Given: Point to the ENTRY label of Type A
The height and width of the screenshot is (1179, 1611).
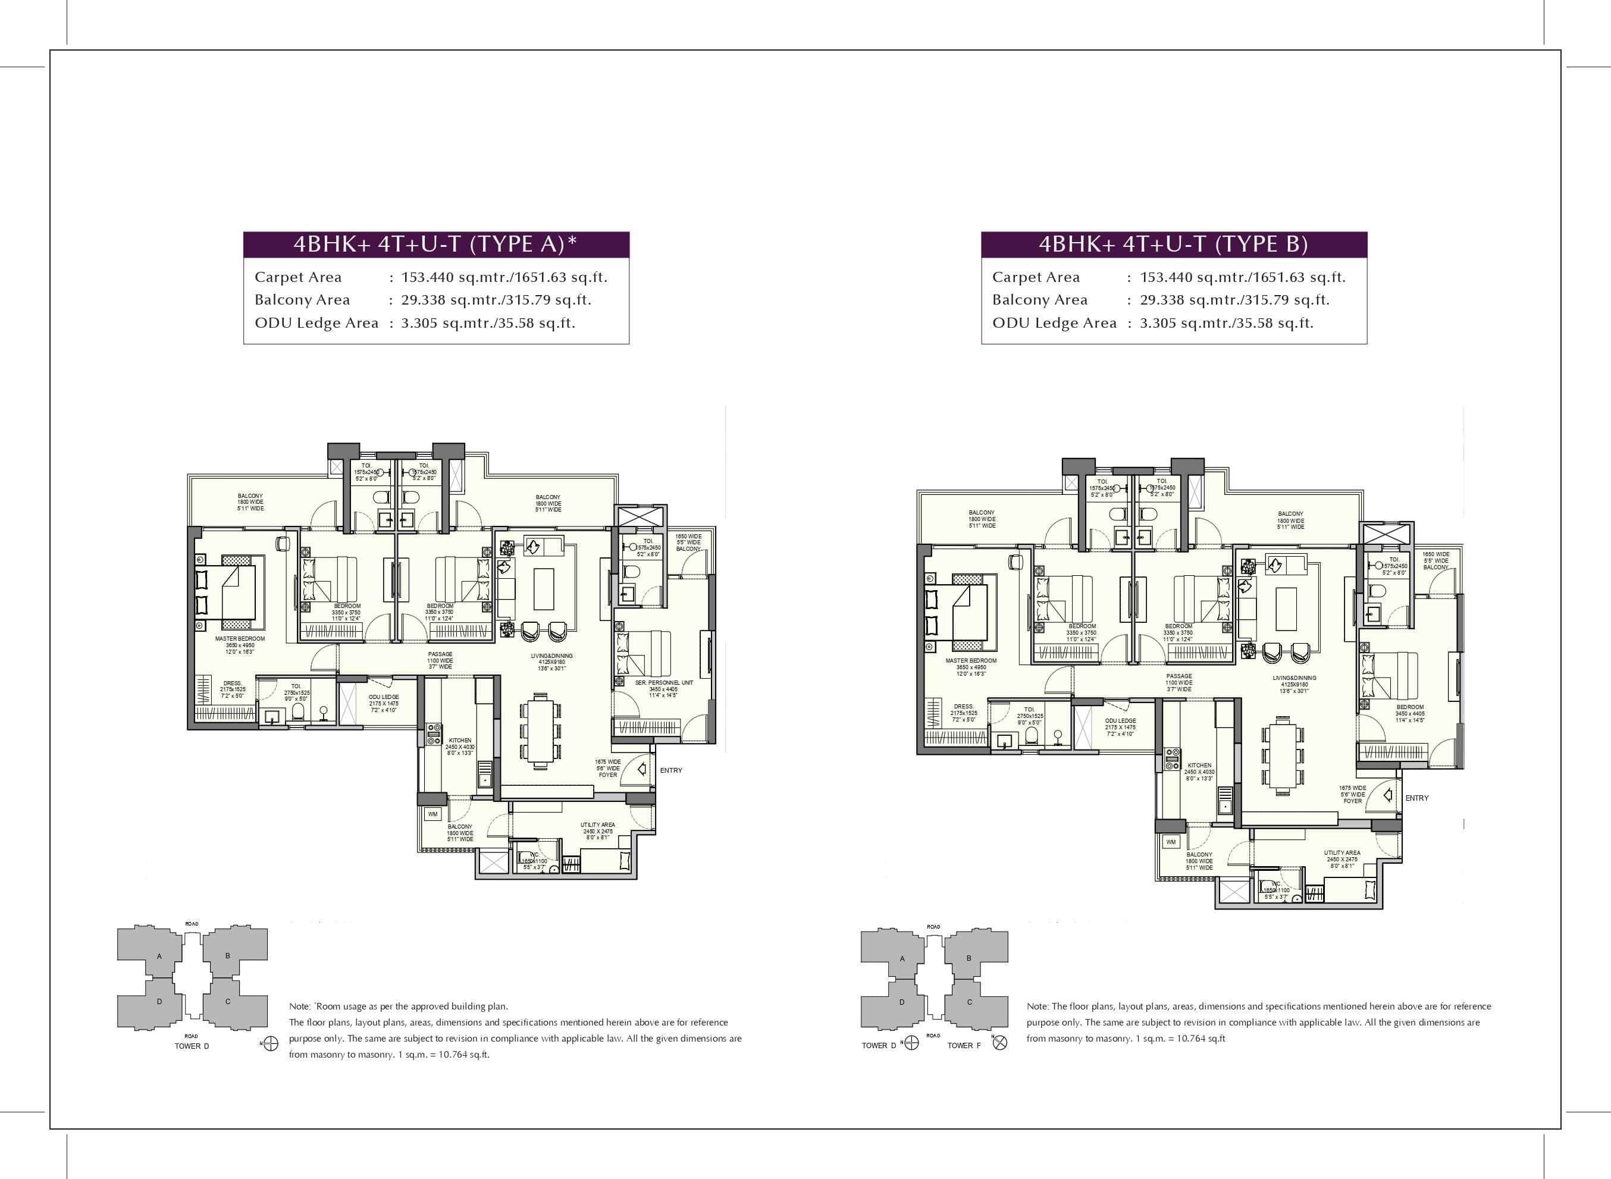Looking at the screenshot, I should click(671, 771).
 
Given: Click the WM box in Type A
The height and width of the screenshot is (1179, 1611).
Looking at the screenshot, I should click(432, 814).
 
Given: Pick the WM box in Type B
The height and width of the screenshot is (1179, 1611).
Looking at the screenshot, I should click(1171, 842).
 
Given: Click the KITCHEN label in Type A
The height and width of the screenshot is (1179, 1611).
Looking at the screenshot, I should click(460, 747).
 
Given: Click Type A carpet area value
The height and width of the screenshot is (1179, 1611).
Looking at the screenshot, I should click(504, 278).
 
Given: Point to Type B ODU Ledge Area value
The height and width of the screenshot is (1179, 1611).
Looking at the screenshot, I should click(1226, 323).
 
